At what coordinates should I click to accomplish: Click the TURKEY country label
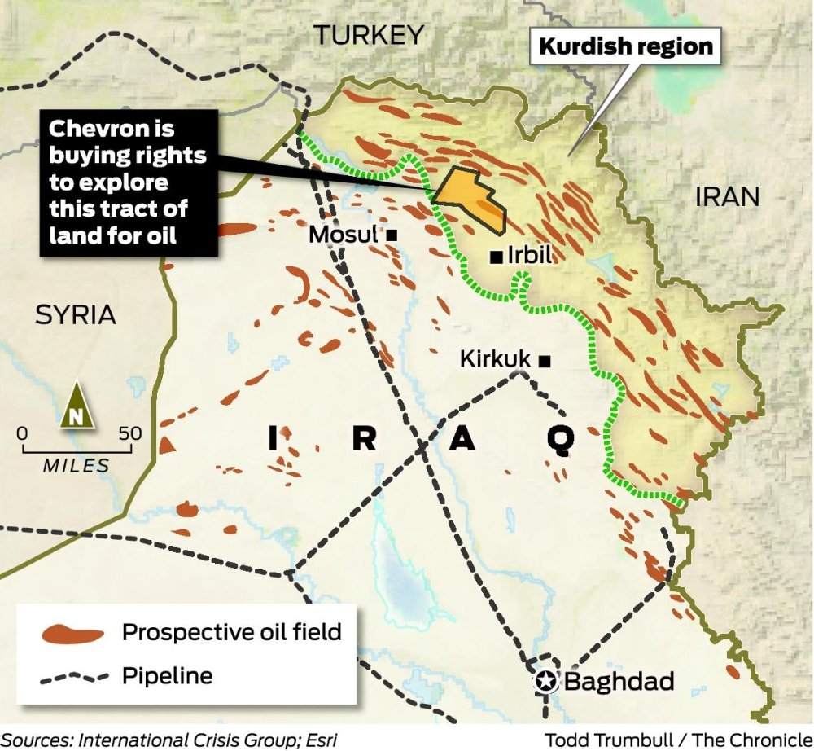click(370, 35)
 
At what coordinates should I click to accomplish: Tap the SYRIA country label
click(76, 315)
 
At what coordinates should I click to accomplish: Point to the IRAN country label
click(727, 196)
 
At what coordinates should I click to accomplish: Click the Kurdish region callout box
click(625, 46)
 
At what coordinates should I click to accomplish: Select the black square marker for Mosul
click(392, 235)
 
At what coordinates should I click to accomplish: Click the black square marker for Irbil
click(495, 257)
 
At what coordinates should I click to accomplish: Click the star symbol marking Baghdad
click(545, 681)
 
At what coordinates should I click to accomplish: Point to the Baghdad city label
click(619, 681)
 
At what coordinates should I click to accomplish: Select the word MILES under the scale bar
click(76, 466)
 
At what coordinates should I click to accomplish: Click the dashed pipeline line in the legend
click(73, 675)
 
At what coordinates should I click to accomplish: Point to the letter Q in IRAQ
click(560, 440)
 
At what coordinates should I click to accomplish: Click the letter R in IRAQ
click(364, 440)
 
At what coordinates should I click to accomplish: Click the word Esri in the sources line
click(318, 740)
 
